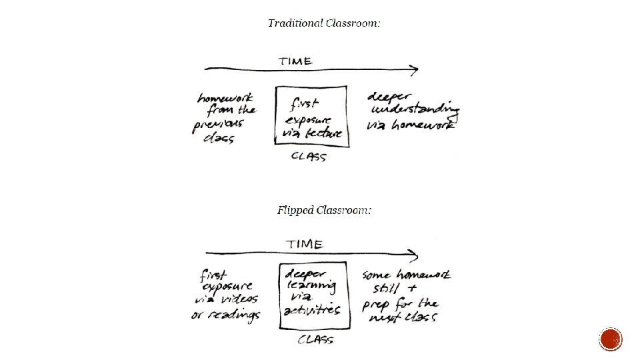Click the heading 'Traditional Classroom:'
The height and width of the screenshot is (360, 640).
pyautogui.click(x=324, y=23)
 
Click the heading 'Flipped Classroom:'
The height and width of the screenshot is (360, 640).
pyautogui.click(x=324, y=211)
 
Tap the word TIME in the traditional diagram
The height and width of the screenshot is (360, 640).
pyautogui.click(x=295, y=61)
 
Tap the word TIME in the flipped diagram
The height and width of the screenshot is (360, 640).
pyautogui.click(x=304, y=244)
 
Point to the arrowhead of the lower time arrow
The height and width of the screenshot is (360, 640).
pyautogui.click(x=415, y=254)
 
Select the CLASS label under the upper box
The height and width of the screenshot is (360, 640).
pyautogui.click(x=309, y=157)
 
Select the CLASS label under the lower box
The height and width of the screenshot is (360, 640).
pyautogui.click(x=315, y=340)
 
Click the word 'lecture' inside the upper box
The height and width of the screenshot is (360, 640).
pyautogui.click(x=325, y=133)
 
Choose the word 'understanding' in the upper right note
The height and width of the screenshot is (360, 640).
pyautogui.click(x=415, y=109)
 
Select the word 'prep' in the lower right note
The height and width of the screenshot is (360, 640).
pyautogui.click(x=376, y=305)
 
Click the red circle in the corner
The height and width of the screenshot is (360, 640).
pyautogui.click(x=611, y=340)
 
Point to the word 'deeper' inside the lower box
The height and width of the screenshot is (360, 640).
pyautogui.click(x=305, y=273)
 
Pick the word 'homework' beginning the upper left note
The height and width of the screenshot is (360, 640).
pyautogui.click(x=225, y=98)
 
